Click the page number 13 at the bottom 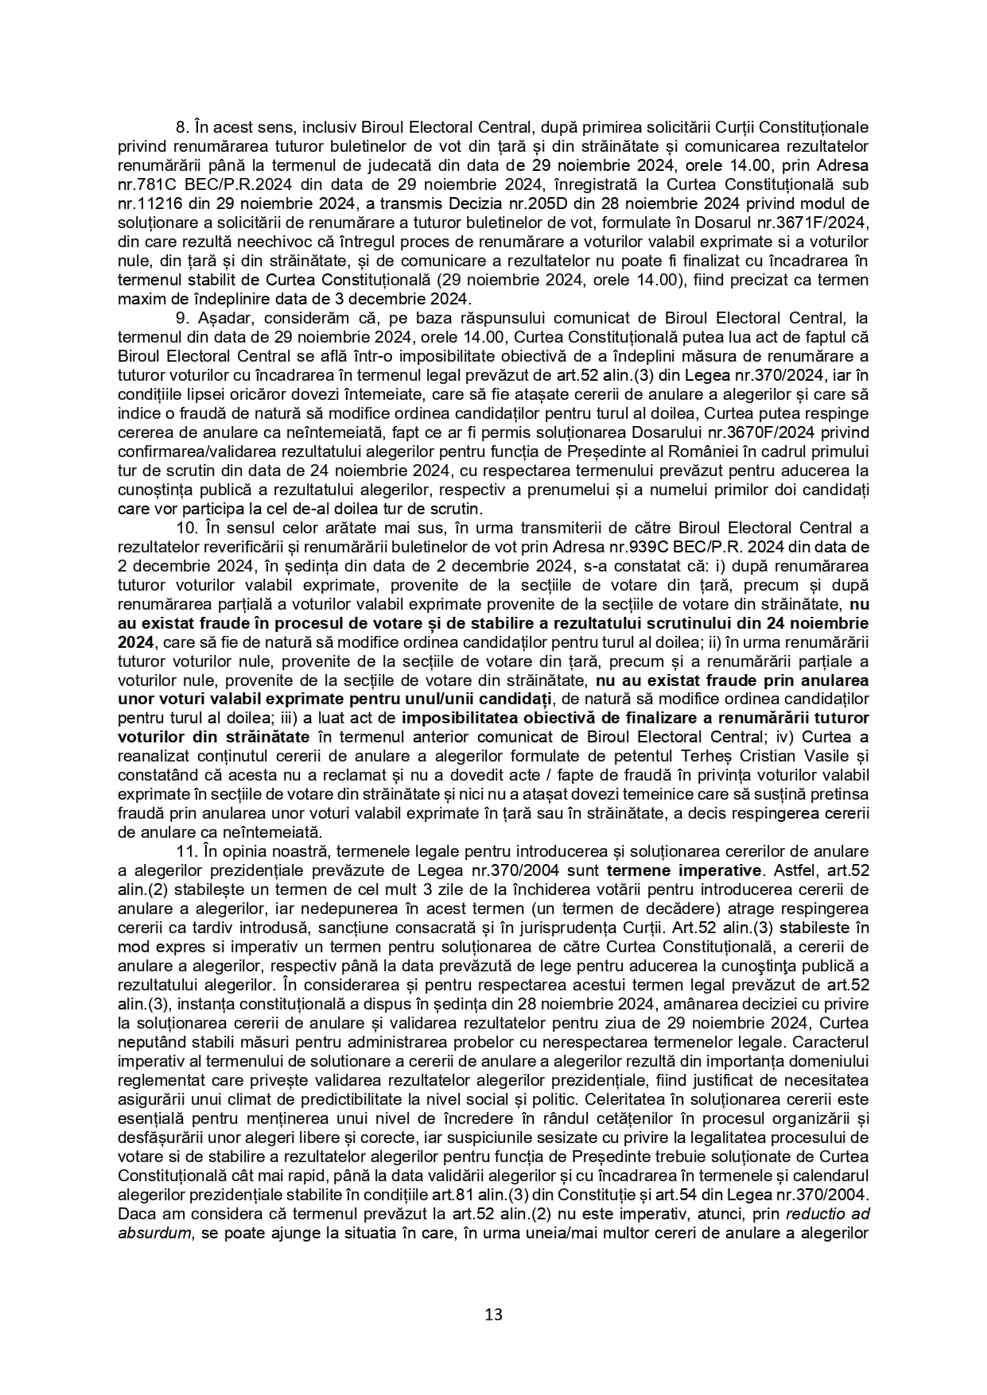[x=493, y=1314]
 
